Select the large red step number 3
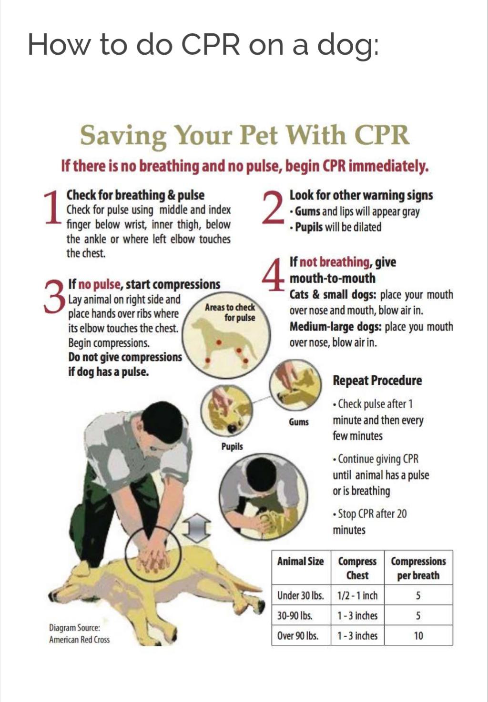pyautogui.click(x=54, y=296)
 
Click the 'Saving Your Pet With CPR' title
pyautogui.click(x=244, y=135)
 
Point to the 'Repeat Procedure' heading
pyautogui.click(x=377, y=381)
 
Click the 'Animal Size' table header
pyautogui.click(x=300, y=561)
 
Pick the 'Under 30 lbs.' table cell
pyautogui.click(x=300, y=595)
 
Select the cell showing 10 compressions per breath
pyautogui.click(x=418, y=635)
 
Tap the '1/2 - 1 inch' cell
pyautogui.click(x=357, y=595)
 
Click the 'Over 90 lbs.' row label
pyautogui.click(x=298, y=635)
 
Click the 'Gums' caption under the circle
pyautogui.click(x=299, y=422)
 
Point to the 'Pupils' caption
pyautogui.click(x=232, y=446)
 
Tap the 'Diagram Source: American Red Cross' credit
pyautogui.click(x=79, y=633)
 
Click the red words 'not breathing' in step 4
pyautogui.click(x=335, y=262)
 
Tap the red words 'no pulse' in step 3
pyautogui.click(x=99, y=284)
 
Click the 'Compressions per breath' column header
pyautogui.click(x=418, y=568)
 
